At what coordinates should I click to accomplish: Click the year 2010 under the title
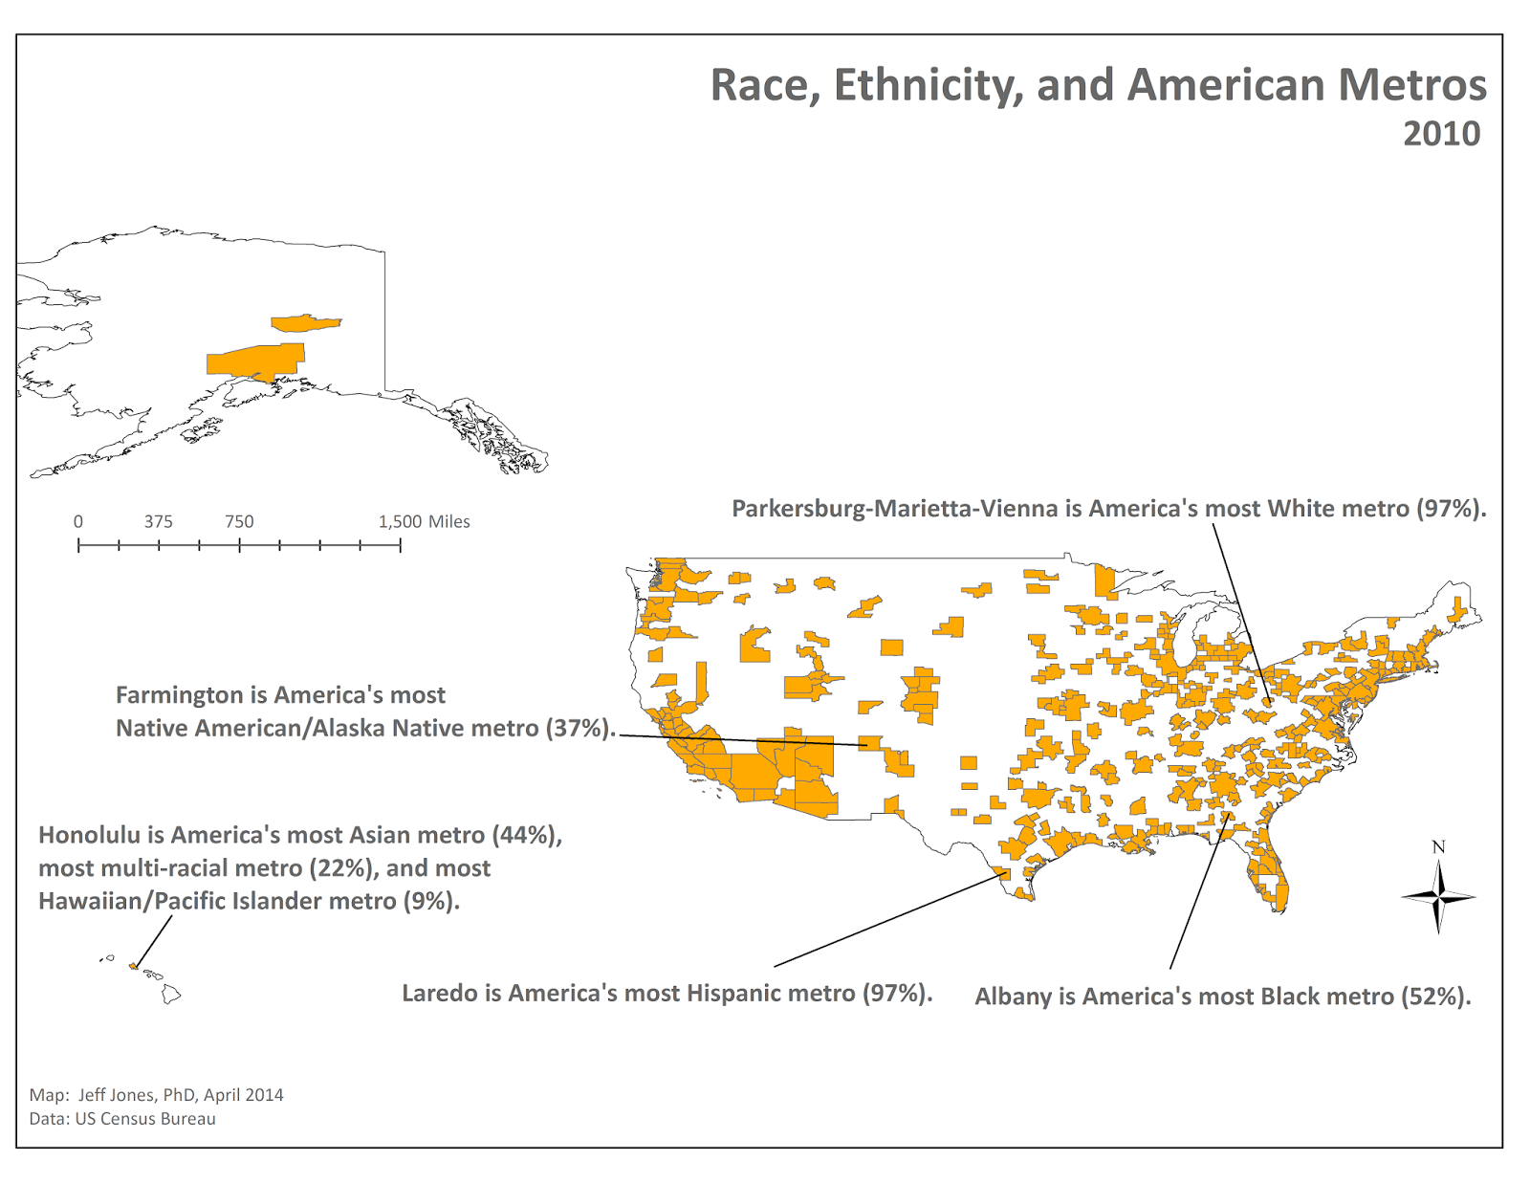(1442, 134)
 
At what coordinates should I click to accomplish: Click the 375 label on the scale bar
(159, 522)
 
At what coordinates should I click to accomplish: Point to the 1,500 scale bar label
(400, 522)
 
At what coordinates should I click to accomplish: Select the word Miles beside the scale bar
(449, 522)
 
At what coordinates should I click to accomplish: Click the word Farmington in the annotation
(180, 695)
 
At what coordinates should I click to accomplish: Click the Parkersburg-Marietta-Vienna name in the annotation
(895, 509)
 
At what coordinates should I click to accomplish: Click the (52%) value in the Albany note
(1435, 997)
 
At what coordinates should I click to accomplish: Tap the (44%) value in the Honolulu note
(527, 835)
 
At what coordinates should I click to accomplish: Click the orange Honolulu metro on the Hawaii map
(133, 966)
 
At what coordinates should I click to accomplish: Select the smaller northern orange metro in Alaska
(306, 322)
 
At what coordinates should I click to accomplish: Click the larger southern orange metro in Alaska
(256, 361)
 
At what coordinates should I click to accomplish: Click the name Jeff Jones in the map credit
(117, 1095)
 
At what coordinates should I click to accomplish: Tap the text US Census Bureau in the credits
(145, 1119)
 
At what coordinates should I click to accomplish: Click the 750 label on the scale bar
(239, 522)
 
